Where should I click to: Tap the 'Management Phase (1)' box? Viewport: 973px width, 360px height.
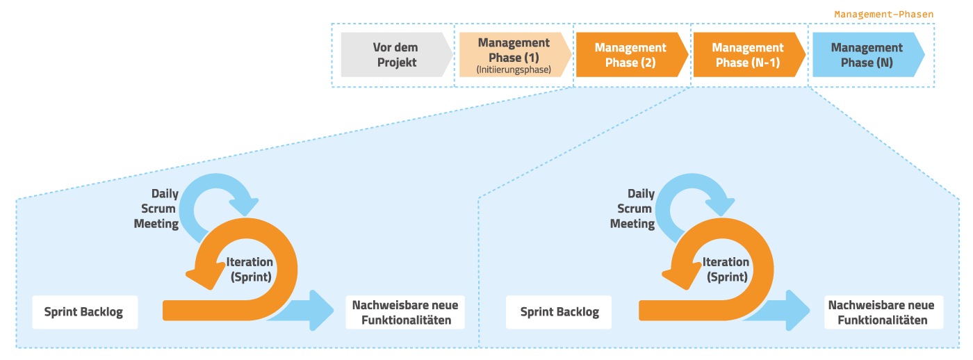pos(514,55)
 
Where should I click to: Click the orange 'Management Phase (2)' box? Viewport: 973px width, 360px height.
pos(630,55)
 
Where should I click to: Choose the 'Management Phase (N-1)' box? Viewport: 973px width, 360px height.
pos(748,55)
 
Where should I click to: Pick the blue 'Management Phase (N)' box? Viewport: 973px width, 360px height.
pos(867,55)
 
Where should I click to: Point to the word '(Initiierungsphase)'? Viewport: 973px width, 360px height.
pos(514,70)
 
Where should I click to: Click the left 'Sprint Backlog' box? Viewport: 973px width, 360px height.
pos(83,312)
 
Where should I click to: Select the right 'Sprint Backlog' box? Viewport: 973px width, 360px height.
pos(559,312)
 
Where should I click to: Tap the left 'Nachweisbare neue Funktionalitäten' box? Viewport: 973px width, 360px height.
pos(405,313)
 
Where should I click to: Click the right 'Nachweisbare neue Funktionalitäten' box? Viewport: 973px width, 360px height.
pos(881,313)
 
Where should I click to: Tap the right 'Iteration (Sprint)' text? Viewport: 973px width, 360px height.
pos(726,269)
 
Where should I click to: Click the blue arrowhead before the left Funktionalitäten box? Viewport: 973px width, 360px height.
pos(321,309)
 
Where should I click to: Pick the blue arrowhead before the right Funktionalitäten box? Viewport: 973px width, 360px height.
pos(797,309)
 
